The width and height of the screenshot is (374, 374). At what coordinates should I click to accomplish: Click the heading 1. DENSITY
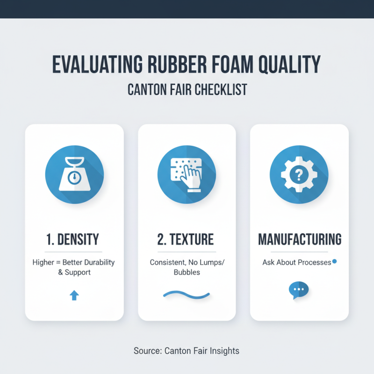74,240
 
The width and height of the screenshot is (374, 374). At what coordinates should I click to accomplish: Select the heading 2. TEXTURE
187,240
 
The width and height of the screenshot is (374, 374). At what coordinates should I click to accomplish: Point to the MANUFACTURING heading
299,240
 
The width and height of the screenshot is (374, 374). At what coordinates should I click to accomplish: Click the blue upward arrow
74,295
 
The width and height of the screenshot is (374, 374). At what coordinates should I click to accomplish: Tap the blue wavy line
187,295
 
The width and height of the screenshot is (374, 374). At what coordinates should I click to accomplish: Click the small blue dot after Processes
334,262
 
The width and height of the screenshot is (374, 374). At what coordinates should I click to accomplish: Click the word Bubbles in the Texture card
187,272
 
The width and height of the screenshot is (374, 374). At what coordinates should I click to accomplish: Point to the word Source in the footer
147,350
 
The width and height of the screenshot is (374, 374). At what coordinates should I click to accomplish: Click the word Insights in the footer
224,350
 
